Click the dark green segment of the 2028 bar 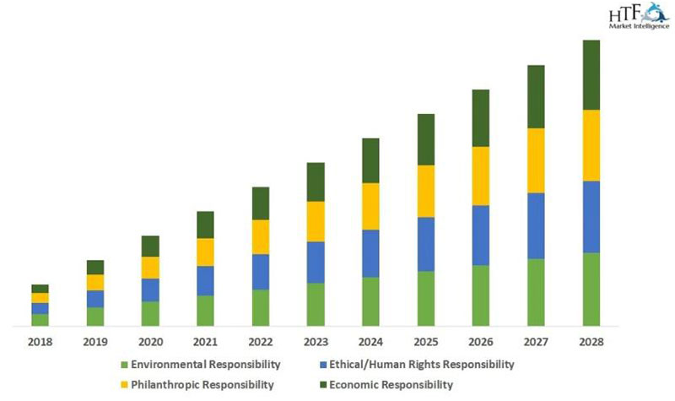point(591,74)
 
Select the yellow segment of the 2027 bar point(536,160)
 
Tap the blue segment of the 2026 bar point(481,235)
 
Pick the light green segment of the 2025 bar point(426,298)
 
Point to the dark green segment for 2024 point(370,160)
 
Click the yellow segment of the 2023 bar point(316,221)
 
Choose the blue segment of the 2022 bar point(261,272)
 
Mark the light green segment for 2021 point(205,311)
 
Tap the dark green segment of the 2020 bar point(150,246)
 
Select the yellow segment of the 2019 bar point(95,282)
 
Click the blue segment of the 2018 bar point(40,308)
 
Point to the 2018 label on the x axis point(40,342)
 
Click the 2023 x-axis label point(316,342)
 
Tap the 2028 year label point(591,342)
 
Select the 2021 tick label point(205,342)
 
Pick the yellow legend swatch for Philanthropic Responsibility point(125,385)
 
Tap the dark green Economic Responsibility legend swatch point(323,385)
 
